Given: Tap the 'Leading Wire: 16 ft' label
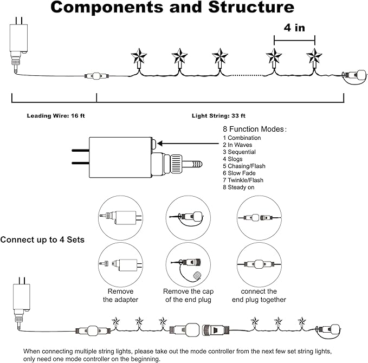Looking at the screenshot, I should (54, 115).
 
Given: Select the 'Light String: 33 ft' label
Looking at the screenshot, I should (218, 115).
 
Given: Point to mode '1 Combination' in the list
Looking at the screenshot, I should (242, 138).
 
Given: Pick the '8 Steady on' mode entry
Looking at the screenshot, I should (239, 187).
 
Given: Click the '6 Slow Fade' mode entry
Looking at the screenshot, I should (239, 173).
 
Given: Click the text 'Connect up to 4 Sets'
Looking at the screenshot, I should (43, 239).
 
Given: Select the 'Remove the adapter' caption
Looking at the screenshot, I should (120, 295).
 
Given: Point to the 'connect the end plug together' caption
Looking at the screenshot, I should (259, 295).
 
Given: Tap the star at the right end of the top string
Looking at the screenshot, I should (314, 56).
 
